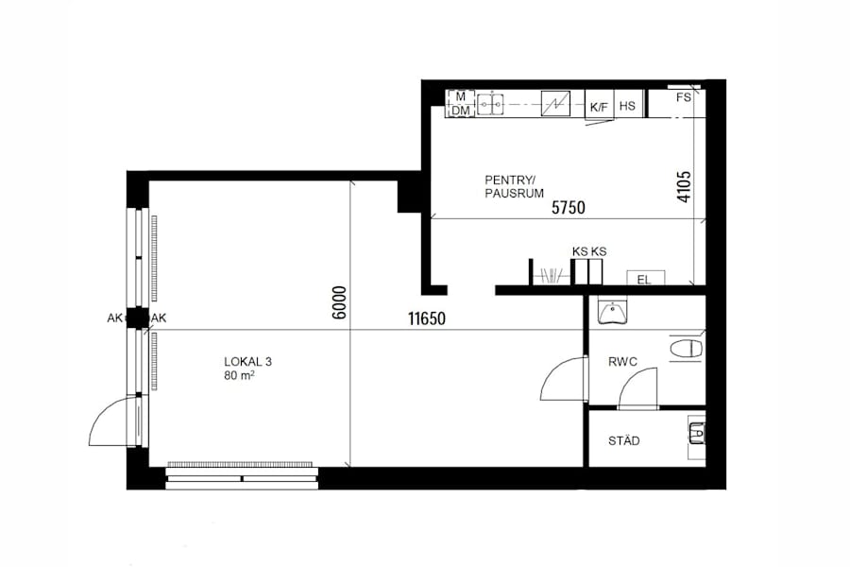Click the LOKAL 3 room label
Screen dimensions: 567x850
click(248, 361)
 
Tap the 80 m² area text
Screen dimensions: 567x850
click(242, 376)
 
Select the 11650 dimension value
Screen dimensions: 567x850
click(427, 319)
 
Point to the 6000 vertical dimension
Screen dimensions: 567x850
click(340, 305)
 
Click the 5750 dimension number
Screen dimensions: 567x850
click(569, 208)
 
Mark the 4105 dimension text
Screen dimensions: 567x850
click(684, 187)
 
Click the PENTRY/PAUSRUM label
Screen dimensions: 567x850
click(514, 185)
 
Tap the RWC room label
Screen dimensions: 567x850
click(621, 360)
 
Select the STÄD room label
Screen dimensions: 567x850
click(623, 441)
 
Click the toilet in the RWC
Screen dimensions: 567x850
click(687, 349)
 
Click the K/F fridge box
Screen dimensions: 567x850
click(599, 106)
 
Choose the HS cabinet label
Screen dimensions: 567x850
click(627, 106)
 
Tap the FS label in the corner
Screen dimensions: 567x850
click(684, 97)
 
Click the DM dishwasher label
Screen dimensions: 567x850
click(460, 111)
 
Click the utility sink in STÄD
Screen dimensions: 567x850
click(696, 435)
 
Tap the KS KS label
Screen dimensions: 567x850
click(588, 251)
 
